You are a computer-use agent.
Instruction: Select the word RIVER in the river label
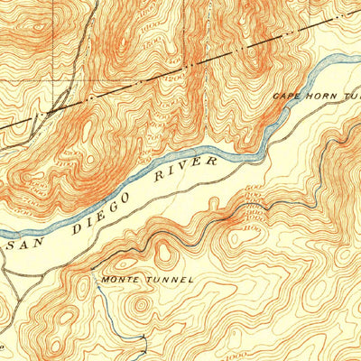[x=190, y=169]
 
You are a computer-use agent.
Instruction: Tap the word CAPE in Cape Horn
[x=290, y=95]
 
